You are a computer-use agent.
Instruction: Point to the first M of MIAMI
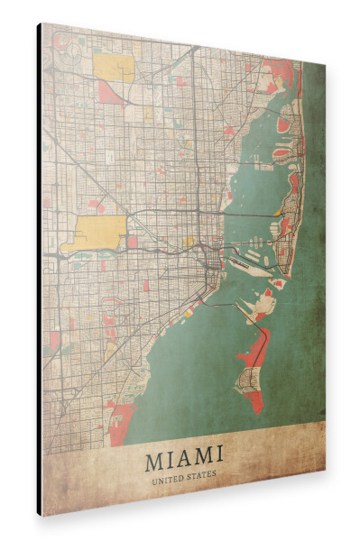coord(154,463)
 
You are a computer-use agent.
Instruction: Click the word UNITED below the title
coord(168,480)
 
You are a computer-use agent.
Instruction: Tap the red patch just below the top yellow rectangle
coord(111,93)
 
